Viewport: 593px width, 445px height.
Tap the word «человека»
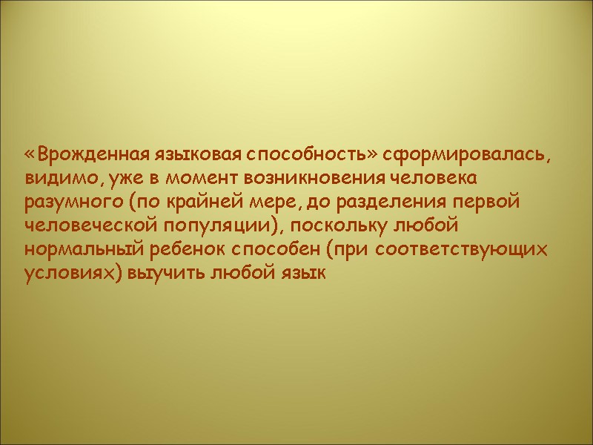click(x=434, y=179)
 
